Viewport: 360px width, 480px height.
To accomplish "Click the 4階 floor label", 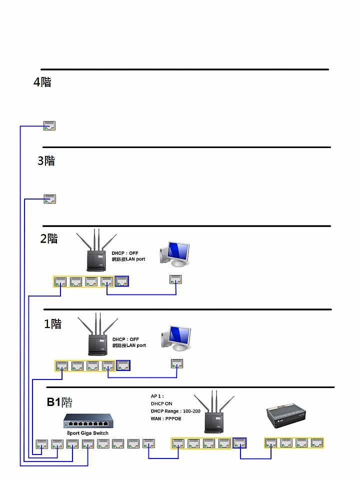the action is click(x=42, y=82).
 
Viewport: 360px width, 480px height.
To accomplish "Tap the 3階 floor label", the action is click(x=46, y=160).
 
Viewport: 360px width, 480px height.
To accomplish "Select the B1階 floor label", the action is click(x=59, y=402).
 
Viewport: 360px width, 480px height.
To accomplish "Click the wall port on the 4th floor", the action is click(x=49, y=126).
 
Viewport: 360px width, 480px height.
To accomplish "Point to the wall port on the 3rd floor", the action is click(x=49, y=199).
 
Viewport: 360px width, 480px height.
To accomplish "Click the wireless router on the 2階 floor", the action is click(x=96, y=250).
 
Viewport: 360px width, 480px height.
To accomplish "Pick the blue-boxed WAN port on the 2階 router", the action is click(x=122, y=281).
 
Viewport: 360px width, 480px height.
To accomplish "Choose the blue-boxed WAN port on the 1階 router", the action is click(x=123, y=365).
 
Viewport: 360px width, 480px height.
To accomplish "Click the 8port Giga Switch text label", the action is click(x=87, y=433).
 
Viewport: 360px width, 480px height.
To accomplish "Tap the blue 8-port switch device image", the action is click(x=88, y=421).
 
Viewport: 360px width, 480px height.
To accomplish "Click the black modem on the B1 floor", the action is click(x=286, y=415).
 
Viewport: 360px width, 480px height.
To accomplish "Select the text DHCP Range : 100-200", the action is click(x=175, y=411).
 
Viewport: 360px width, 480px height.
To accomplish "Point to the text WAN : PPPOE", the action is click(x=166, y=418).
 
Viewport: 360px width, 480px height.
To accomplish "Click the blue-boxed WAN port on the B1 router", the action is click(x=239, y=443).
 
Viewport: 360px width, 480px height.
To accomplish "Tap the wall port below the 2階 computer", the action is click(x=175, y=279).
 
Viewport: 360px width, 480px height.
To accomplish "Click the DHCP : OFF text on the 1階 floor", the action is click(x=125, y=339).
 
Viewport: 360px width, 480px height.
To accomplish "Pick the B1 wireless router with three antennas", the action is click(x=214, y=411).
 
